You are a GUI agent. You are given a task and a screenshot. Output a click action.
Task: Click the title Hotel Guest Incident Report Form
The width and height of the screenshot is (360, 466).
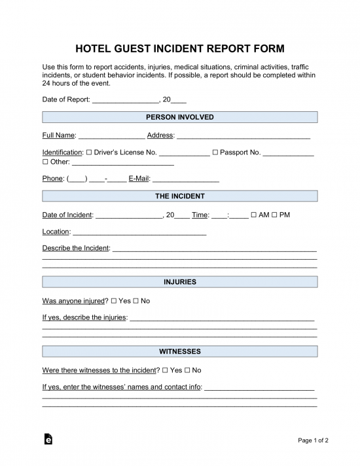click(180, 48)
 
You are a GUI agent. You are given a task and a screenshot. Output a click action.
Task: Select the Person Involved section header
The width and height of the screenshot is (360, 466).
click(180, 117)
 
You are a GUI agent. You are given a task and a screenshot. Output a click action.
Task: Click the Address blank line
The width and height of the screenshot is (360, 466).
click(243, 135)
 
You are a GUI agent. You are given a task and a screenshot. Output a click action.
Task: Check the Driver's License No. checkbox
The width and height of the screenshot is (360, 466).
click(89, 152)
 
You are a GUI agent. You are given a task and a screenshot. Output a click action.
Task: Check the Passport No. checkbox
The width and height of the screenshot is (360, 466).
click(215, 152)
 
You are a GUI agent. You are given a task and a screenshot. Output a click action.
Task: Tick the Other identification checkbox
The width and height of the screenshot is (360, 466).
click(45, 162)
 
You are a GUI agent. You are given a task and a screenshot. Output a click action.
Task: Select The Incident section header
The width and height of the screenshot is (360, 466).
click(180, 196)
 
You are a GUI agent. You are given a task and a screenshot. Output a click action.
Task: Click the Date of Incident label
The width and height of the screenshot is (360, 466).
click(67, 215)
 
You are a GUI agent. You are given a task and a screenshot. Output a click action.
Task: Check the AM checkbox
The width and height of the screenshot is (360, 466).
click(254, 215)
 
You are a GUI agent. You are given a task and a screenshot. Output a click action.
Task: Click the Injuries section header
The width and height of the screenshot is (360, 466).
click(180, 282)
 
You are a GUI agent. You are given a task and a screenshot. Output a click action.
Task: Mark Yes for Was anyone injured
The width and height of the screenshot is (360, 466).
click(114, 301)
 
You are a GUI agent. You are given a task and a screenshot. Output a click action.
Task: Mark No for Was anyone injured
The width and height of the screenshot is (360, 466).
click(135, 301)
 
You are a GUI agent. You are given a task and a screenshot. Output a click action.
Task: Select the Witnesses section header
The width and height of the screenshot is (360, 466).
click(180, 351)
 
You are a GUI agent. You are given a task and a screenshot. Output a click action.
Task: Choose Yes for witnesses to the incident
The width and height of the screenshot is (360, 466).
click(165, 370)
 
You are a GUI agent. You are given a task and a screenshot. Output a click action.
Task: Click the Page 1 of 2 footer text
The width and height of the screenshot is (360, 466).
click(314, 440)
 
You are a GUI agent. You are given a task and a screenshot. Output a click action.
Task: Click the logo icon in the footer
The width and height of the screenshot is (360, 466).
click(48, 440)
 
